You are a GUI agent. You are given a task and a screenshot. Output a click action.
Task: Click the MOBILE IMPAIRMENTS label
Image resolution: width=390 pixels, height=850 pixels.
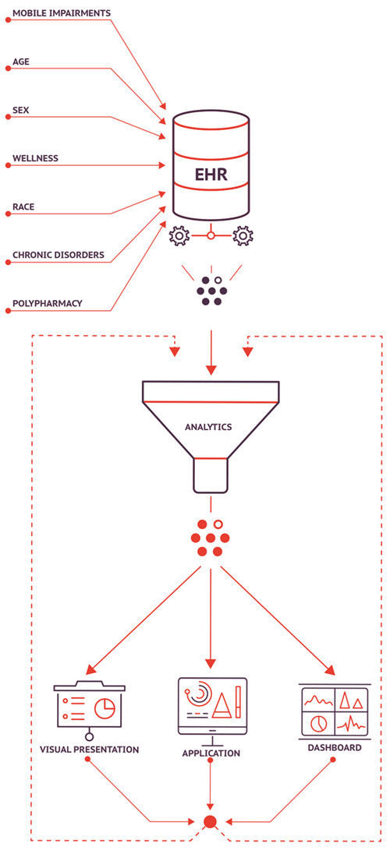click(62, 12)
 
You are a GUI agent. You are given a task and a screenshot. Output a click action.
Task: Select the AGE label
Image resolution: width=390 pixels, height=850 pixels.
click(20, 62)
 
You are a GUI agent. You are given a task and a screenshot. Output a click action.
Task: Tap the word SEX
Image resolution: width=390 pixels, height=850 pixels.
click(20, 110)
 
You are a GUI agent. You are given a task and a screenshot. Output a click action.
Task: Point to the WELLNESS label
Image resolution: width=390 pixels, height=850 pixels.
click(35, 158)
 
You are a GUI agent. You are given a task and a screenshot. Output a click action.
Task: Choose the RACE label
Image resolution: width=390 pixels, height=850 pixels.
click(23, 206)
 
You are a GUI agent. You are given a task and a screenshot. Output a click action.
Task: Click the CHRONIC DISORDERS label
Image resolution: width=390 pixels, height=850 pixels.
click(58, 255)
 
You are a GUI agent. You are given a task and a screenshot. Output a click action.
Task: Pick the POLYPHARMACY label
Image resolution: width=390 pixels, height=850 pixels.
click(48, 303)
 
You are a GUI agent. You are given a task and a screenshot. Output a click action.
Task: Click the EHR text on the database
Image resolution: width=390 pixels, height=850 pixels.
click(211, 175)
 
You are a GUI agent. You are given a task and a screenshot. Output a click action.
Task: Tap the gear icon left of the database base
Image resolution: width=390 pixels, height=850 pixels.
click(179, 236)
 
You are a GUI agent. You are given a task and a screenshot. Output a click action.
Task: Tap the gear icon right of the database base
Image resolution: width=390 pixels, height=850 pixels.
click(243, 236)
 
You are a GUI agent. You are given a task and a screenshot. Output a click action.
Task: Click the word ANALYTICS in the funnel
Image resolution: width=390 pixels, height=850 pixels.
click(208, 427)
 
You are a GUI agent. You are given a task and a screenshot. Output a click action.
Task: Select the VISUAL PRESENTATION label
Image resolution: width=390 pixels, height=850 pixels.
click(90, 750)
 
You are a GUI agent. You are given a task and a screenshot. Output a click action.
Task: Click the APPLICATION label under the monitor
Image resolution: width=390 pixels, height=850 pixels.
click(211, 753)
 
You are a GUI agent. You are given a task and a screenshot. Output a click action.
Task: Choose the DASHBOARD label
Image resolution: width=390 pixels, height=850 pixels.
click(335, 747)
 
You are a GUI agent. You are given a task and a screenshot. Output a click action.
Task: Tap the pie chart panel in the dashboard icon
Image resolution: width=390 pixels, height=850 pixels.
click(318, 722)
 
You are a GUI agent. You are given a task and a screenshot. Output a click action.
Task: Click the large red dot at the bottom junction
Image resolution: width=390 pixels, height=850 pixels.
click(211, 821)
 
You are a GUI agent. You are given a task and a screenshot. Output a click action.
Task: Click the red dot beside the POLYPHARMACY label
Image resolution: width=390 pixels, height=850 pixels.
click(8, 311)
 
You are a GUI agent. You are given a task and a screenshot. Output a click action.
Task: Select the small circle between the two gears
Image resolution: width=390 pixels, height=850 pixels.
click(211, 236)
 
